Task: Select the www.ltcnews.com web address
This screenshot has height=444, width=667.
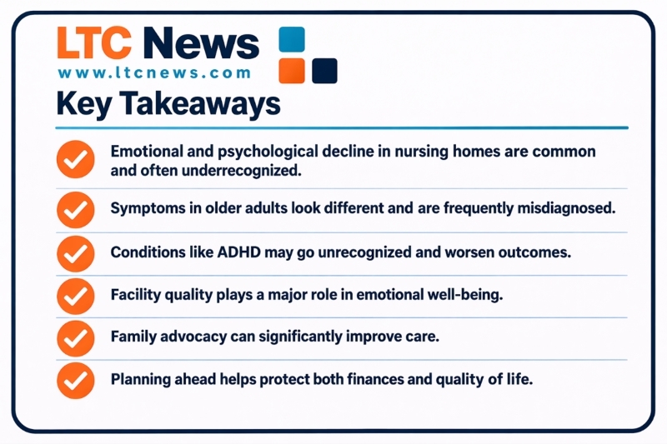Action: (x=154, y=72)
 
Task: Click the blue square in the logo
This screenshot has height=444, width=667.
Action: (x=292, y=39)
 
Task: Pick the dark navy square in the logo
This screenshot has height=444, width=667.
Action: (x=324, y=71)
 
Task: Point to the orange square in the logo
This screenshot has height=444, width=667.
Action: (x=292, y=71)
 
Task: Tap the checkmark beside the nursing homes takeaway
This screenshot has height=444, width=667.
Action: (x=75, y=160)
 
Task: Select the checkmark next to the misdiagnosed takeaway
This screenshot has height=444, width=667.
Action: (x=75, y=208)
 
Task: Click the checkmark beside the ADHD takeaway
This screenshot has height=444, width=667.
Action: (x=75, y=252)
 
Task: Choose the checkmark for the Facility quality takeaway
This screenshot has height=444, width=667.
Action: (x=75, y=295)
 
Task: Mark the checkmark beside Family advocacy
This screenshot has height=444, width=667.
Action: (x=75, y=337)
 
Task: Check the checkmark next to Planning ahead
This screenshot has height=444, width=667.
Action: (x=75, y=380)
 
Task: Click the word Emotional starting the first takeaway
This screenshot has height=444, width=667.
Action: (x=148, y=152)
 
